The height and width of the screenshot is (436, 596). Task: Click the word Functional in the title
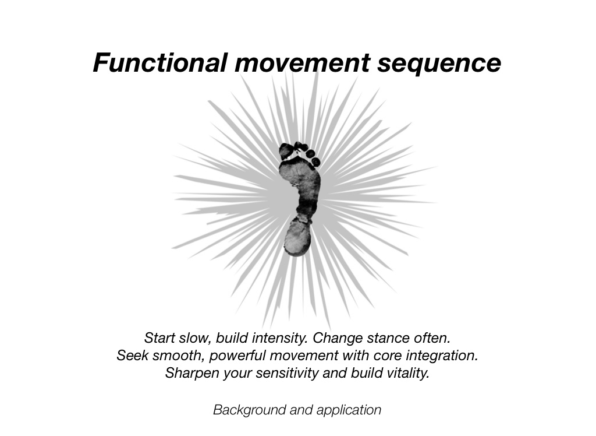pos(160,63)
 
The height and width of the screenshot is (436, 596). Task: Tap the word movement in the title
pos(302,63)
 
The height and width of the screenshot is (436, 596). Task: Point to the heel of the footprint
pos(296,238)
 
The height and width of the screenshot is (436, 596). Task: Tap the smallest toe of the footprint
pos(316,161)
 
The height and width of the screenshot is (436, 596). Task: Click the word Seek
pos(132,356)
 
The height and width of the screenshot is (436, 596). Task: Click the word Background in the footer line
pos(249,410)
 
